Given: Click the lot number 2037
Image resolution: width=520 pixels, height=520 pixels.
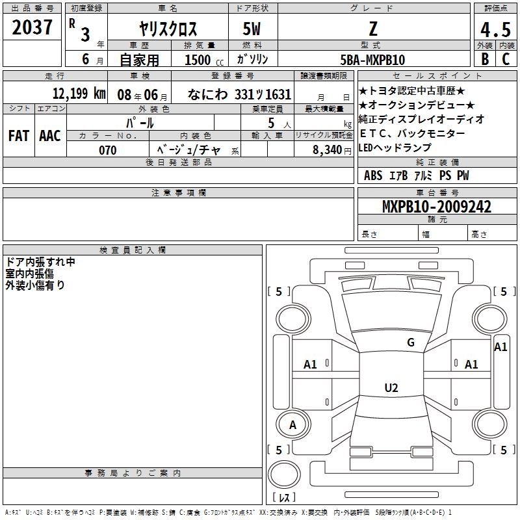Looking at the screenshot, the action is tap(32, 27).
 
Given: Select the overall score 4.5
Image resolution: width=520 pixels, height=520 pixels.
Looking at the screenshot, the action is tap(495, 29).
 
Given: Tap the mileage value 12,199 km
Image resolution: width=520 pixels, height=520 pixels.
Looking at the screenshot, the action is tap(79, 93).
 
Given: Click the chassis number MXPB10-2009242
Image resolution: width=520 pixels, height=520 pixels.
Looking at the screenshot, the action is tap(437, 206).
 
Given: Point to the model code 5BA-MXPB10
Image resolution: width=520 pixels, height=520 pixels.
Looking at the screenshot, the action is tap(372, 60).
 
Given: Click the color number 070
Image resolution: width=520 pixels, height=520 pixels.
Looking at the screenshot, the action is tap(108, 150).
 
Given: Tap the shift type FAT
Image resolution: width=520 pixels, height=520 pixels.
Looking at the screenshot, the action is tap(19, 136).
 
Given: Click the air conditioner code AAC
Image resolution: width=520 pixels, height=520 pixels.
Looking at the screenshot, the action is tap(50, 136).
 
